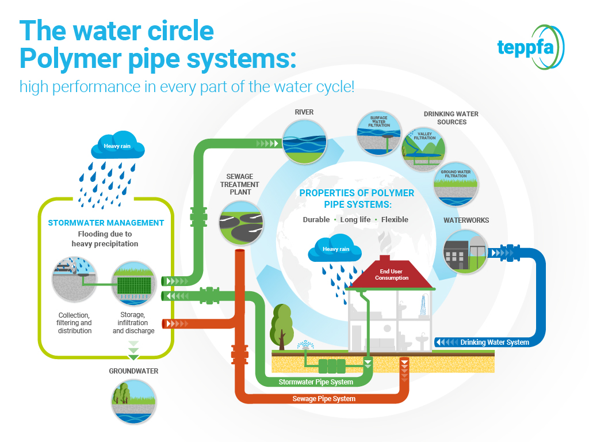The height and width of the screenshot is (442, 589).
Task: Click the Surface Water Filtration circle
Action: coord(378,134)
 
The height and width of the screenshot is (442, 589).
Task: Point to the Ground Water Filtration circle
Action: coord(456,184)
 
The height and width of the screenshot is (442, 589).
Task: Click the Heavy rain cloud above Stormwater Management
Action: coord(117,146)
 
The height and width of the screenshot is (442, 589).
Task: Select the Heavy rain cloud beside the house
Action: coord(335,249)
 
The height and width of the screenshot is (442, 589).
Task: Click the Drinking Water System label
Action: coord(494,342)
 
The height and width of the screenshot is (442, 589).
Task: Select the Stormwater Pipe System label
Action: coord(315,382)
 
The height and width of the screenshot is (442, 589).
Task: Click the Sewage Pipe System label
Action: coord(324,399)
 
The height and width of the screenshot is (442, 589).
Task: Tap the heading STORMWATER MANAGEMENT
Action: coord(106,223)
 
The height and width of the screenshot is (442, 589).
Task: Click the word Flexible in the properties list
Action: coord(394,219)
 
